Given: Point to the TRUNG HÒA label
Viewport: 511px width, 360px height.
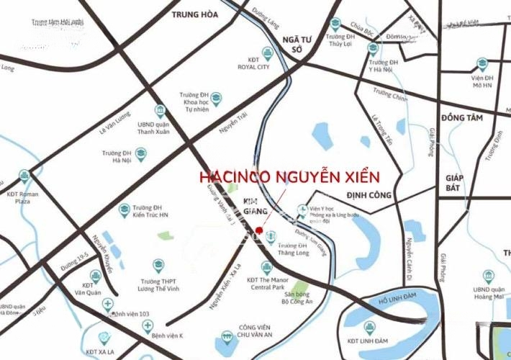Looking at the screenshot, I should [x=195, y=14].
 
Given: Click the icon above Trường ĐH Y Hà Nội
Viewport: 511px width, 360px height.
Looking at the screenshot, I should [x=373, y=48].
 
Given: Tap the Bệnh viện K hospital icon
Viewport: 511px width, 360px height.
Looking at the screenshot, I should [x=147, y=326].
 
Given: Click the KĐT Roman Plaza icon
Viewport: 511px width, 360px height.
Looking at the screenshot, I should [x=24, y=175].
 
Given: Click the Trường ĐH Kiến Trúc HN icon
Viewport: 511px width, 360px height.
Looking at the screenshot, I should [x=125, y=210].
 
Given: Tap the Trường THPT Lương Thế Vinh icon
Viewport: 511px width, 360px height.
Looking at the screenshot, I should [x=159, y=265].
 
